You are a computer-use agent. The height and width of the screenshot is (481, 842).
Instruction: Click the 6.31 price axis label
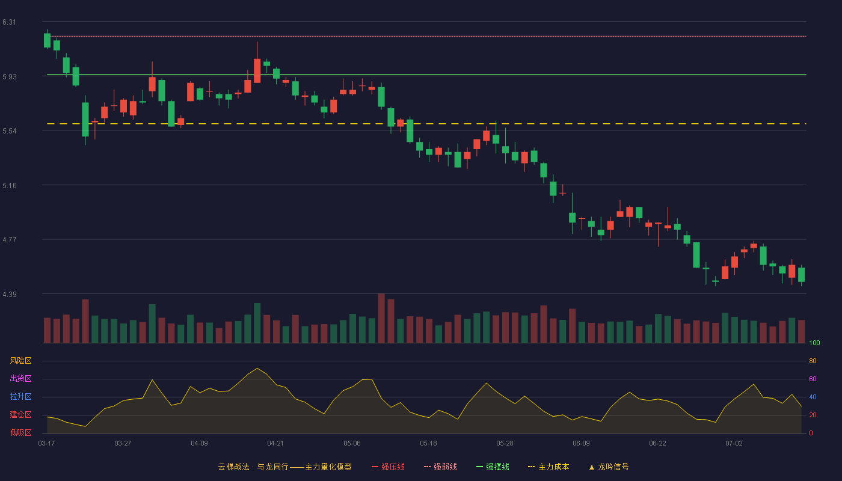(x=10, y=22)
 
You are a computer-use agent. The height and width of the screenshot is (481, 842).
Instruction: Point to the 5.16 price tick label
(x=10, y=186)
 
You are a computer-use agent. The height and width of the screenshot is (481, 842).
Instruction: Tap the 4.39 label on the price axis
(x=10, y=295)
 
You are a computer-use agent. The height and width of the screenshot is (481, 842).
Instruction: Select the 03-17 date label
(x=47, y=444)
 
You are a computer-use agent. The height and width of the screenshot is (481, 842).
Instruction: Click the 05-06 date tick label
(x=352, y=444)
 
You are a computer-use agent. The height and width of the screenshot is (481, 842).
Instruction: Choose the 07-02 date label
(x=734, y=444)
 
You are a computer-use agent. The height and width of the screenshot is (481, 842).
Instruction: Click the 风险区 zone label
(x=20, y=361)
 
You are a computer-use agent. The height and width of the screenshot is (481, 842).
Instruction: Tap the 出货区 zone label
(x=20, y=378)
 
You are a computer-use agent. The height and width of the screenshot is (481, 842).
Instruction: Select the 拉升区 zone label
(x=20, y=396)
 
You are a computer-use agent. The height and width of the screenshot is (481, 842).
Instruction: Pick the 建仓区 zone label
(x=20, y=414)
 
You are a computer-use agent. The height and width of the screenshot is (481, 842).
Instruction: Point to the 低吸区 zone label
(x=20, y=432)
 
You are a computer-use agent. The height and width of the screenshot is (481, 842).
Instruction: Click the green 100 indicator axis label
(x=814, y=343)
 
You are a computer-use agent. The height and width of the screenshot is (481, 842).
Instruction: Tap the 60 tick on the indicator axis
(x=813, y=379)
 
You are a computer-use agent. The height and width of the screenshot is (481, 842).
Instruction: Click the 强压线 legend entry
(x=388, y=467)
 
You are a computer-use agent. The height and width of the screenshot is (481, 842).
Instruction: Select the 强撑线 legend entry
(x=493, y=467)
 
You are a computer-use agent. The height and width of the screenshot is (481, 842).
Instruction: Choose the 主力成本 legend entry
(x=549, y=467)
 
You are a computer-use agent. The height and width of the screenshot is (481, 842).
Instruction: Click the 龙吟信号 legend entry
(x=609, y=467)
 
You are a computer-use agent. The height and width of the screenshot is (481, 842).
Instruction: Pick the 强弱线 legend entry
(x=440, y=467)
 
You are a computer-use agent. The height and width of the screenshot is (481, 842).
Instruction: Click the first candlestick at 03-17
(x=47, y=40)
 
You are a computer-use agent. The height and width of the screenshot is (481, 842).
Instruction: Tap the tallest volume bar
(x=381, y=318)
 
